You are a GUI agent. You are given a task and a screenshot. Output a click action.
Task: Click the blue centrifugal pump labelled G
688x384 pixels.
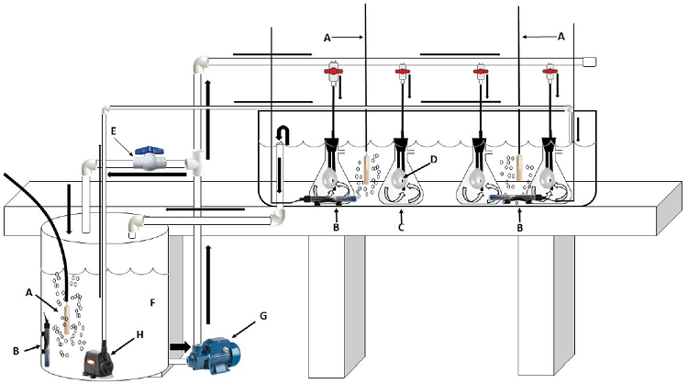tap(214, 356)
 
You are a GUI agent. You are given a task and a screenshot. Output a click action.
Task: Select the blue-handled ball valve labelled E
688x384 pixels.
tap(150, 159)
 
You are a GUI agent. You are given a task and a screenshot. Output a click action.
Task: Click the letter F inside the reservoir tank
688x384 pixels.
tap(152, 303)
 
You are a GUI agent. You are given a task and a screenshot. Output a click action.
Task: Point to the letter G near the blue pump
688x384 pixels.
tap(263, 316)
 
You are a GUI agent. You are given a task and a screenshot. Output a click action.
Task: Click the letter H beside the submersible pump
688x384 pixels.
tap(140, 334)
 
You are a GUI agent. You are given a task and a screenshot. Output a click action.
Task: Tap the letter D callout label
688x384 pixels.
tap(434, 159)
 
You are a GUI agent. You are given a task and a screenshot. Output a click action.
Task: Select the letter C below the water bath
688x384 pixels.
tap(401, 227)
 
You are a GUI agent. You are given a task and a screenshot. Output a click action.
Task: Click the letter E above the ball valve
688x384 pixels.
tap(114, 131)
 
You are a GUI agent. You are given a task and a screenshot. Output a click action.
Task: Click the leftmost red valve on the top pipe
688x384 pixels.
tap(333, 71)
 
